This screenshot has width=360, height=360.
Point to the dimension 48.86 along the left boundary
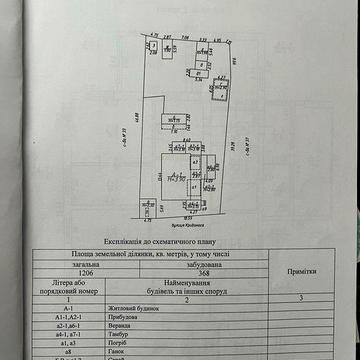coord(131,118)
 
